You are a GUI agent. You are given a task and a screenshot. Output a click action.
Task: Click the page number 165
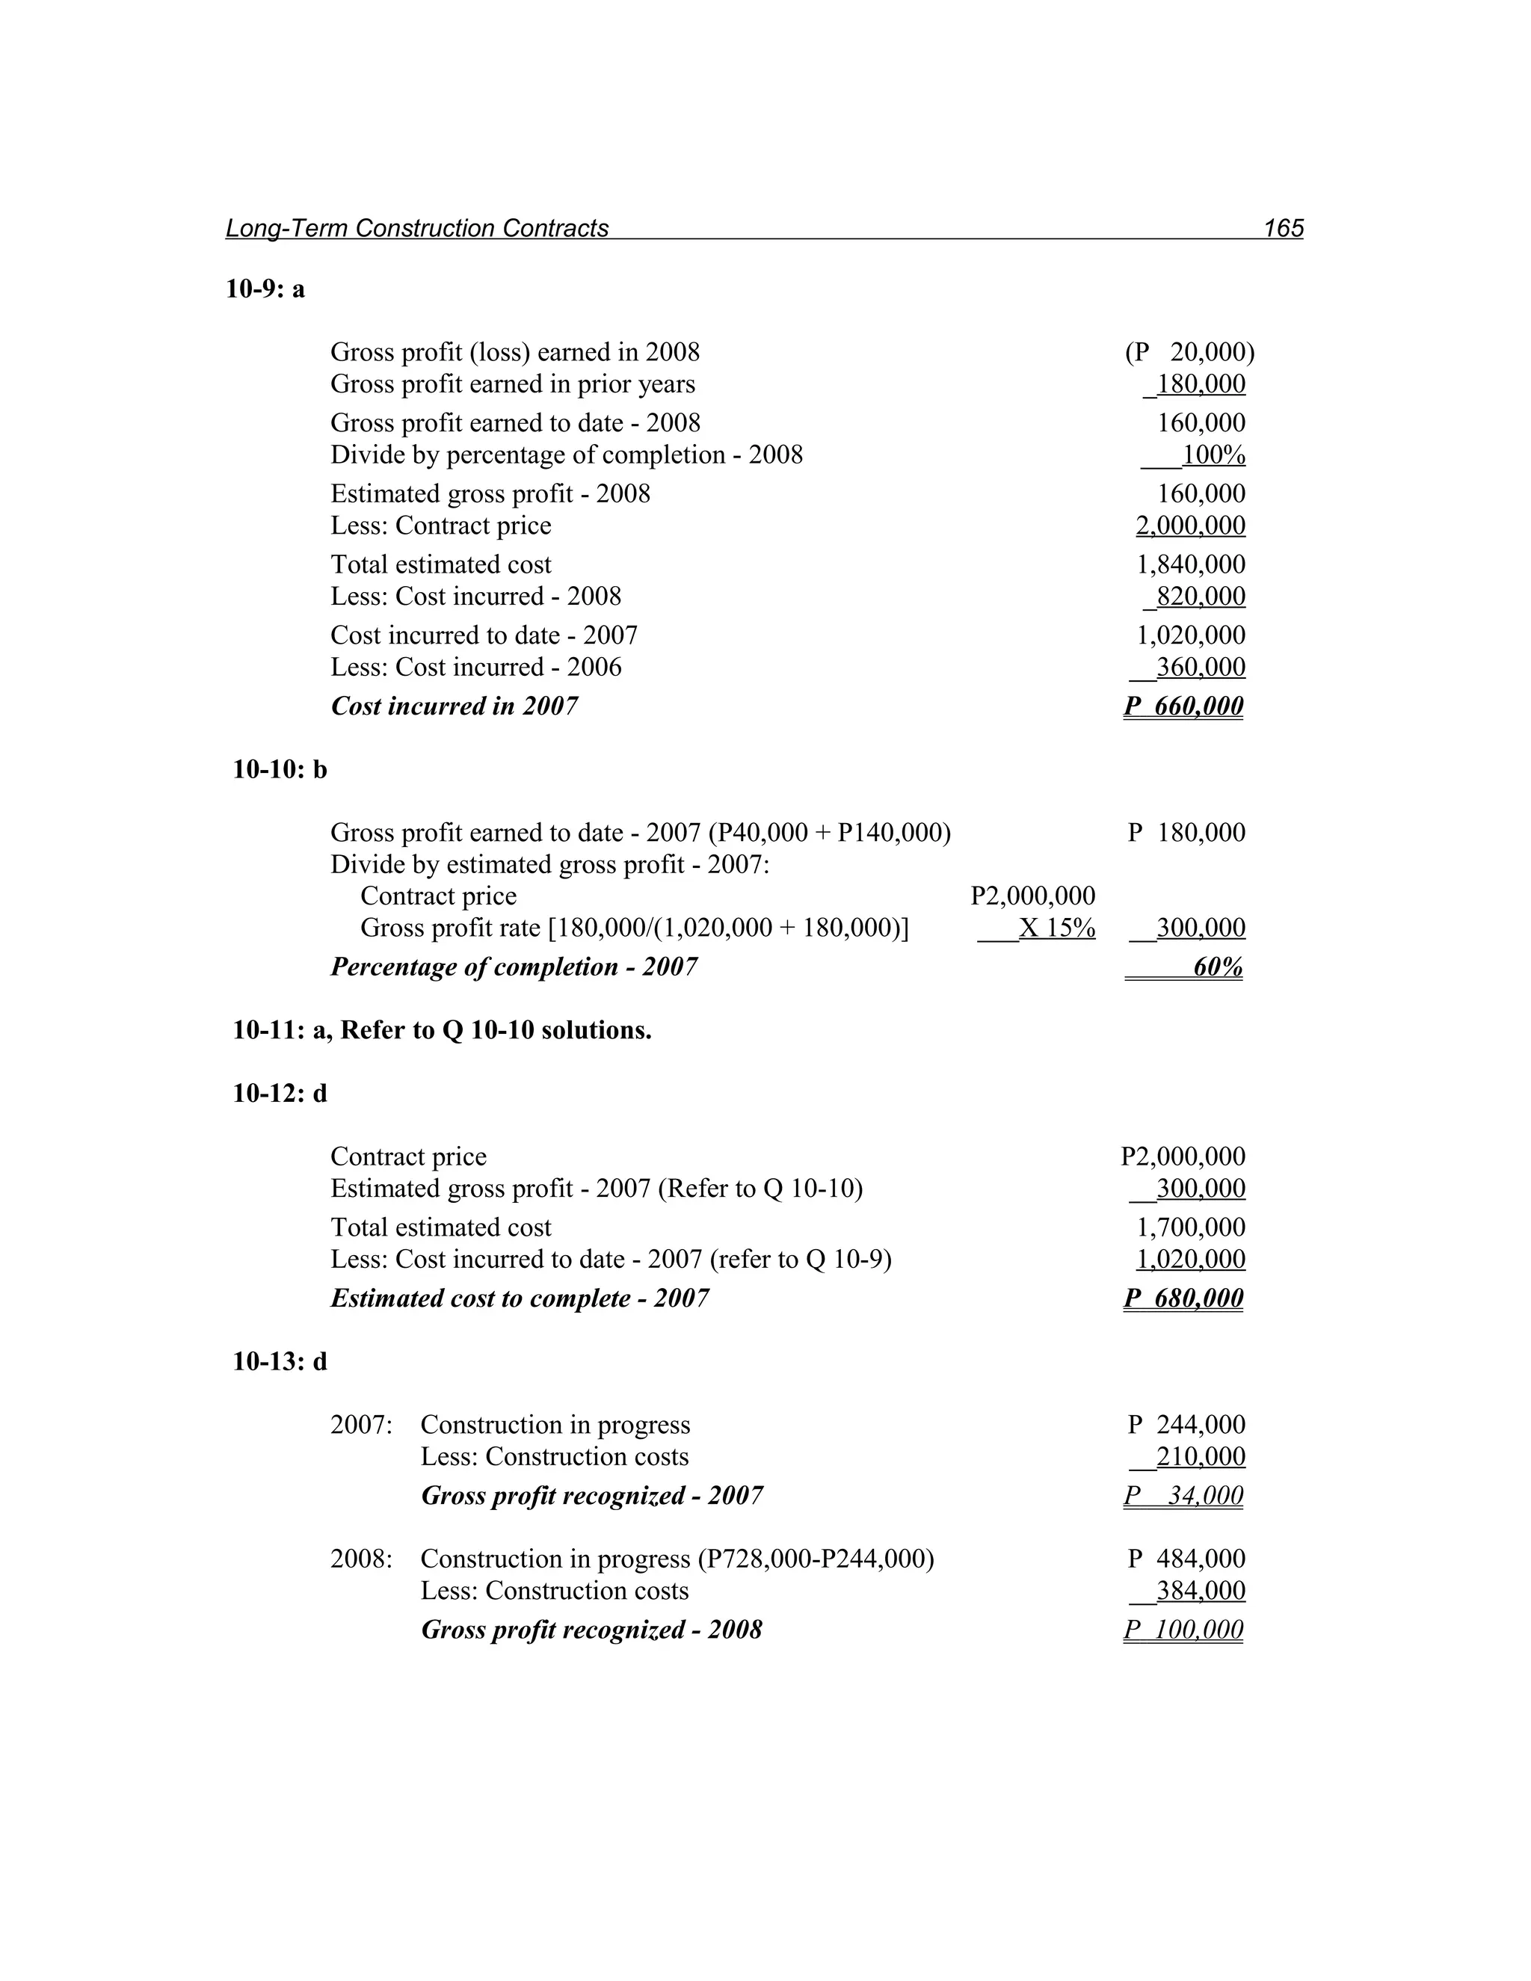(x=1284, y=228)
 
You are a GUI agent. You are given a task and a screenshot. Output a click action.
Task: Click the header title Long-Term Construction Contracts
(x=416, y=228)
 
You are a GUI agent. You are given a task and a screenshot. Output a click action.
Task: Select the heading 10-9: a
(x=265, y=289)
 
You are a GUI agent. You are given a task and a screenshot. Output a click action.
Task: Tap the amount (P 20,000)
(x=1189, y=352)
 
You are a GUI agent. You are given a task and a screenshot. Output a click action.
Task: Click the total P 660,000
(x=1183, y=706)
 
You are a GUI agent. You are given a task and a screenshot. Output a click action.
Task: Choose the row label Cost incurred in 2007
(x=454, y=706)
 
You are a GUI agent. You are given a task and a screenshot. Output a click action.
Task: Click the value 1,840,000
(x=1190, y=564)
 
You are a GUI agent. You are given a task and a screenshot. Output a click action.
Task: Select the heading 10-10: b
(x=280, y=769)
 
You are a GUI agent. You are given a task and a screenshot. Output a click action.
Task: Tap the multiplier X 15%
(x=1056, y=928)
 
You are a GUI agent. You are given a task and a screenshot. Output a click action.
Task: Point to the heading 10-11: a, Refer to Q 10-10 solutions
(x=442, y=1030)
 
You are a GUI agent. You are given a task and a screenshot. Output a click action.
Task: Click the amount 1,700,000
(x=1190, y=1227)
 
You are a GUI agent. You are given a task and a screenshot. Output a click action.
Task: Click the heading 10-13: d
(x=280, y=1361)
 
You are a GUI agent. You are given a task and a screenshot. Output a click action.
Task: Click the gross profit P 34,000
(x=1183, y=1496)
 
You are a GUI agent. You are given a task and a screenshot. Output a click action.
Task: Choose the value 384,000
(x=1200, y=1591)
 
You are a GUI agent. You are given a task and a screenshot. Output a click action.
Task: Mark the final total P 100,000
(x=1183, y=1630)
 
